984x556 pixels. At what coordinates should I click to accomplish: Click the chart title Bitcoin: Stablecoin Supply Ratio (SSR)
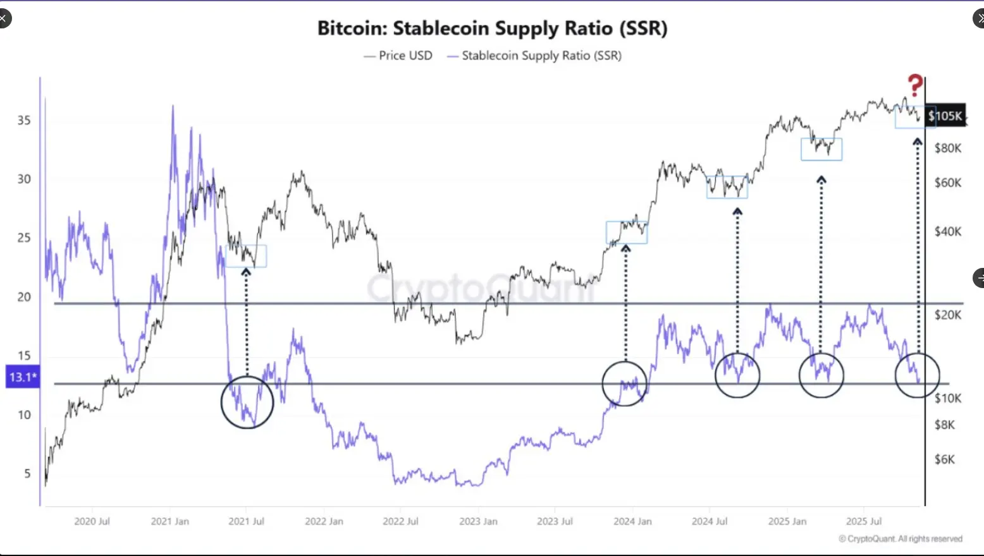click(x=492, y=28)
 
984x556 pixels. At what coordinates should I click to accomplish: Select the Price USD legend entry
click(x=398, y=56)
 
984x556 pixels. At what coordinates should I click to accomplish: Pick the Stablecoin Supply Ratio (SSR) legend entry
click(x=534, y=56)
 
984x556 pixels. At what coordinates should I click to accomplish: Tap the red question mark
click(x=914, y=86)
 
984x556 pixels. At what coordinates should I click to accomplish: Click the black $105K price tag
click(x=945, y=116)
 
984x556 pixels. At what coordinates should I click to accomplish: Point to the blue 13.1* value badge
click(x=23, y=377)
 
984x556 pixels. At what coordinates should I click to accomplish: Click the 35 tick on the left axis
click(x=24, y=120)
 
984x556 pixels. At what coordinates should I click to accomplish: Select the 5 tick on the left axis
click(x=27, y=473)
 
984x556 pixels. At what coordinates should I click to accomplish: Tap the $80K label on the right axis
click(x=947, y=148)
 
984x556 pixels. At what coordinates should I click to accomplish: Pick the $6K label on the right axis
click(x=944, y=459)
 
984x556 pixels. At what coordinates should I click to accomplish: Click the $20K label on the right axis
click(x=947, y=315)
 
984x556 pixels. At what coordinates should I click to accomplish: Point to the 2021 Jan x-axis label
click(x=169, y=521)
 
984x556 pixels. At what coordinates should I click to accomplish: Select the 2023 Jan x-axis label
click(x=478, y=521)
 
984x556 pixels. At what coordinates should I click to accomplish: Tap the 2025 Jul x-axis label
click(x=864, y=521)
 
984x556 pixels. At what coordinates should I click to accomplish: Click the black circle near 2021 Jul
click(x=247, y=402)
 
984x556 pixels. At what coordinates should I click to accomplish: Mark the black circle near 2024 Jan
click(x=625, y=384)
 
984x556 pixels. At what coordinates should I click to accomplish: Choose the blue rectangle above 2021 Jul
click(x=246, y=256)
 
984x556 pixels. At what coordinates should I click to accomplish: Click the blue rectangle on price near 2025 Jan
click(x=821, y=149)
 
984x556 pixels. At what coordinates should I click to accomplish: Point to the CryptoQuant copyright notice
click(x=901, y=539)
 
